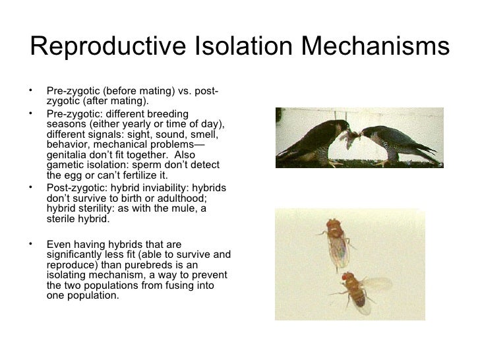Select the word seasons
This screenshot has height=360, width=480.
(x=67, y=123)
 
